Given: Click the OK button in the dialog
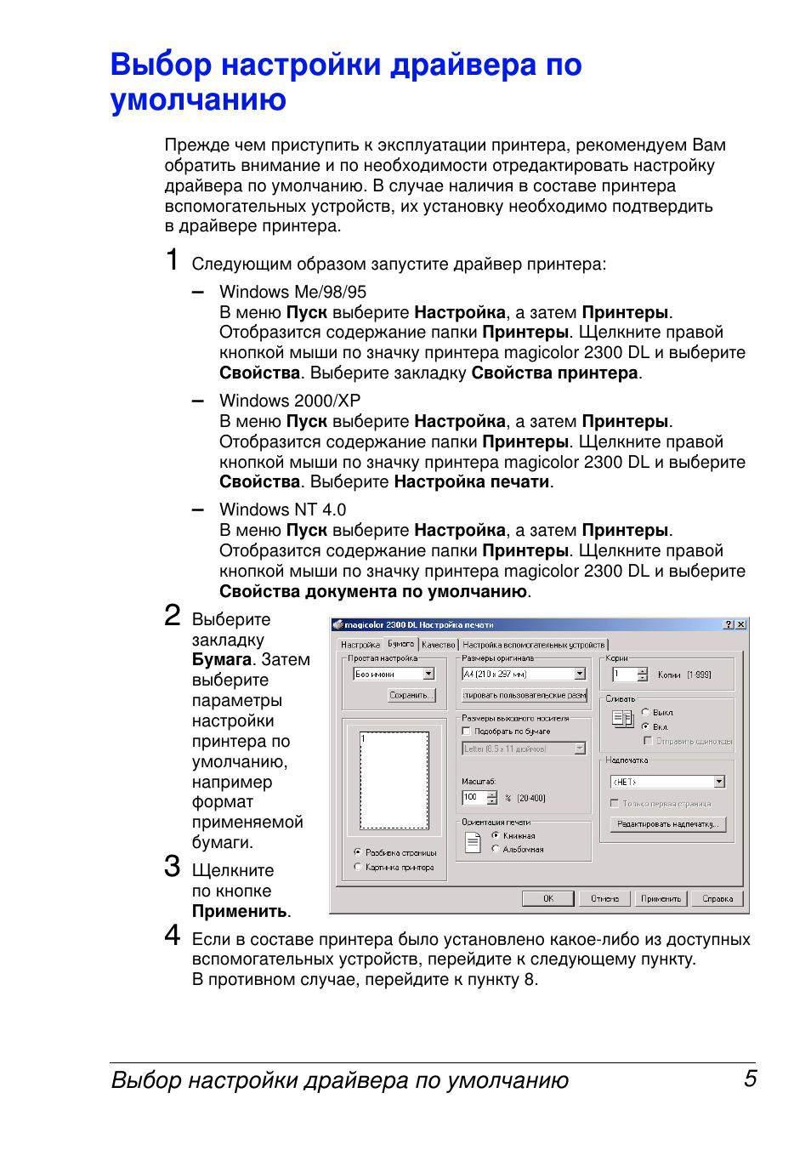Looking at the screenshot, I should tap(547, 898).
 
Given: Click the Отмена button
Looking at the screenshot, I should tap(604, 898).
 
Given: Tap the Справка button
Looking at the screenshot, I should tap(717, 898).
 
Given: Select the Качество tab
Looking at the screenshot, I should tap(438, 645).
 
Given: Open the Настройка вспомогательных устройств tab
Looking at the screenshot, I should tap(533, 645).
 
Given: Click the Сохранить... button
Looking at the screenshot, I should tap(411, 695).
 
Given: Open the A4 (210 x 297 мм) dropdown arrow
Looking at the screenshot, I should tap(580, 674).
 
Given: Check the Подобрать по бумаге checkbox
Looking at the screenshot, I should tap(466, 731).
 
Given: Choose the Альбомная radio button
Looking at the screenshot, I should tap(496, 849).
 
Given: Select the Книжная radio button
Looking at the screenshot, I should tap(496, 835).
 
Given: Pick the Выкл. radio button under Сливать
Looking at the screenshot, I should tap(645, 712).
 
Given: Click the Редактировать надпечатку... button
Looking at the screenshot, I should tap(667, 823).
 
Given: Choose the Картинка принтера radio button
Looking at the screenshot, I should tap(358, 867).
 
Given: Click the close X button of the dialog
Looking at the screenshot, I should tap(741, 624).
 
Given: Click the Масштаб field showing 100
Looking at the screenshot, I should tap(473, 797).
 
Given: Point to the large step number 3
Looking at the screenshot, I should tap(173, 867).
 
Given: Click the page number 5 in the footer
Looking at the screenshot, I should tap(750, 1079).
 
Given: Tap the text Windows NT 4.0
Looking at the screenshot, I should tap(282, 510).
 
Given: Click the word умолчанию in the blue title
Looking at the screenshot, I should tap(198, 100).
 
